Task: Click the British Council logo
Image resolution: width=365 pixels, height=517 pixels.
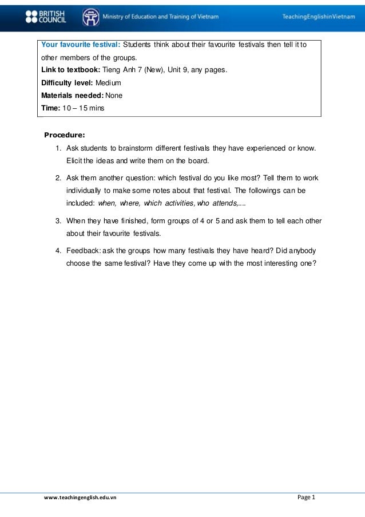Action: coord(45,17)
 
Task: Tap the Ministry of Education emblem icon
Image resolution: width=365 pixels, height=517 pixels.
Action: coord(90,17)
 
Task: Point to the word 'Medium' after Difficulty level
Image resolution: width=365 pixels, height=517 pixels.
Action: coord(108,83)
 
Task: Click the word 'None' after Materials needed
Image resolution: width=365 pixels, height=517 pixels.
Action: coord(114,95)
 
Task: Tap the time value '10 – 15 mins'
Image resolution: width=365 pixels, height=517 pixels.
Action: coord(84,107)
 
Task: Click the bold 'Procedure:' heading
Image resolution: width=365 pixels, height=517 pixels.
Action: coord(65,136)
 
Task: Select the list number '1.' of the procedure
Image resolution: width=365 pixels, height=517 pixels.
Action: coord(59,148)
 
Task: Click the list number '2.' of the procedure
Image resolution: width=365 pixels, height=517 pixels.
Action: coord(59,177)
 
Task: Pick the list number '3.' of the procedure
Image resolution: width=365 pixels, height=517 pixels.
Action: coord(59,221)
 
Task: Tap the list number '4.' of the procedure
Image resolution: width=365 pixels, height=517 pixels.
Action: coord(59,251)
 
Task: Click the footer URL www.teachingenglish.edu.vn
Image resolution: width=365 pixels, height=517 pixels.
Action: coord(80,498)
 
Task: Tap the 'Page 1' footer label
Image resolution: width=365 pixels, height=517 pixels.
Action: coord(306,497)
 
